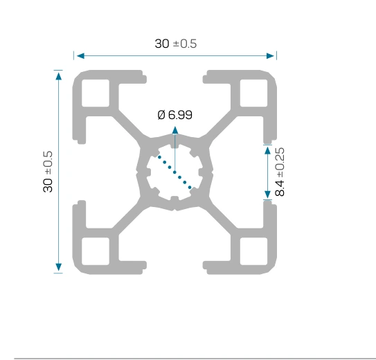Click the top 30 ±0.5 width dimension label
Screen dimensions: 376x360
click(x=176, y=44)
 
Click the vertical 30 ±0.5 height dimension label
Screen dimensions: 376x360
click(x=48, y=172)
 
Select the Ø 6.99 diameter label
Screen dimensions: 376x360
click(x=174, y=114)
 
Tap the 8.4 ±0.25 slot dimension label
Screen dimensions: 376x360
click(x=280, y=172)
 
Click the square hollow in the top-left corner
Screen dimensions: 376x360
click(x=96, y=93)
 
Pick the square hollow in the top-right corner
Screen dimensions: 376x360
click(x=253, y=93)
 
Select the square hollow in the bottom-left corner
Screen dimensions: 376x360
click(x=96, y=251)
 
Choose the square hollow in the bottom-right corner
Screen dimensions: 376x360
click(x=253, y=251)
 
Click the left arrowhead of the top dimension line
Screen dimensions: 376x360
click(x=80, y=56)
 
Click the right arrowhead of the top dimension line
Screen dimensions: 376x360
click(x=270, y=56)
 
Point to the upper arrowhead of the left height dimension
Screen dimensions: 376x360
click(x=58, y=76)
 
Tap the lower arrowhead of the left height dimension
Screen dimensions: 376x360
click(x=58, y=267)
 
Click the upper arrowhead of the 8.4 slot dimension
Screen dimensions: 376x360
click(x=267, y=150)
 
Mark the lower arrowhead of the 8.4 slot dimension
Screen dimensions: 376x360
click(x=267, y=194)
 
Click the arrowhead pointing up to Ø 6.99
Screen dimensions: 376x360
click(x=175, y=130)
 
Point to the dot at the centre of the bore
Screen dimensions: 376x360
click(x=174, y=172)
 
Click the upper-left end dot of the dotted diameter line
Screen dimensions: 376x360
click(x=159, y=157)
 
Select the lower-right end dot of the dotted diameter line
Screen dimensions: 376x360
click(x=190, y=188)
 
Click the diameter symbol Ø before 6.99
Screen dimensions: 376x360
click(x=161, y=114)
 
